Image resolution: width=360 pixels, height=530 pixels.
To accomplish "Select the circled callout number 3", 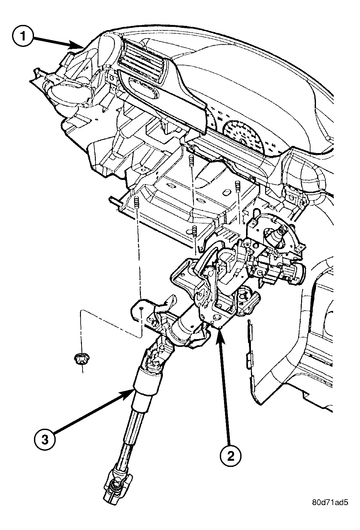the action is (x=45, y=440).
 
